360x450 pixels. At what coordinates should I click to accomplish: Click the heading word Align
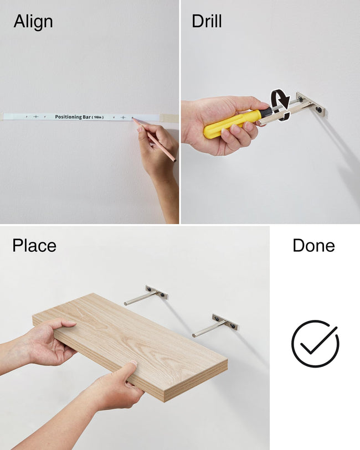(33, 22)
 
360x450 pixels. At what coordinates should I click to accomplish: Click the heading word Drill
(207, 21)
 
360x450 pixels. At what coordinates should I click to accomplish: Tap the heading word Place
(34, 246)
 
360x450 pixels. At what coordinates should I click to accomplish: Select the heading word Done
(314, 246)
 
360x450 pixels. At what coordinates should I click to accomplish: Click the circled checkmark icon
(315, 343)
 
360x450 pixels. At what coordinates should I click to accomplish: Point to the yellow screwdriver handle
(233, 123)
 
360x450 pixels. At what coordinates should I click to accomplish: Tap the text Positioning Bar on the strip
(73, 117)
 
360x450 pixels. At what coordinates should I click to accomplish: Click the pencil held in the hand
(154, 140)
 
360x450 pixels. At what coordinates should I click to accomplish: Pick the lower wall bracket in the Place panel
(215, 325)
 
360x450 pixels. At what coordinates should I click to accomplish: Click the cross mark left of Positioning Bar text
(35, 117)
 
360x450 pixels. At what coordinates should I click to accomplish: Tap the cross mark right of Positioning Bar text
(123, 117)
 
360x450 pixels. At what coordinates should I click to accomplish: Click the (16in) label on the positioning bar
(97, 117)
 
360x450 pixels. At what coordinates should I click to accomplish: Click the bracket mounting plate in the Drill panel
(311, 105)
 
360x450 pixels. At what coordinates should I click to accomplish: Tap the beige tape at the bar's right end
(169, 118)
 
